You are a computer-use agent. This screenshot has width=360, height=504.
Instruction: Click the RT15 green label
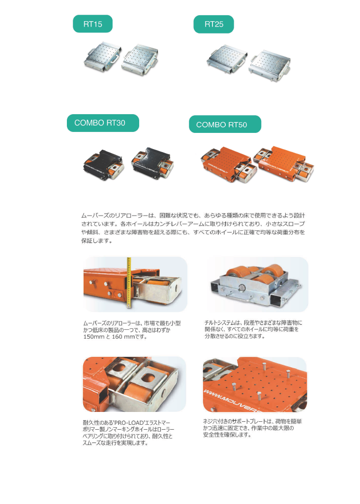click(x=92, y=24)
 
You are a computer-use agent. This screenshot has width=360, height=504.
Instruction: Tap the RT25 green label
click(x=213, y=24)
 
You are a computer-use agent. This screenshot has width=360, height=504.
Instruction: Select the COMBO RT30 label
click(x=103, y=123)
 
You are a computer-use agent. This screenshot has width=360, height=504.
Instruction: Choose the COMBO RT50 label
click(x=225, y=124)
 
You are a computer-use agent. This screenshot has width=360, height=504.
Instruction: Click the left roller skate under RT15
click(x=103, y=57)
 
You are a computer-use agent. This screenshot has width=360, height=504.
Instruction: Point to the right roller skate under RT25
click(x=270, y=65)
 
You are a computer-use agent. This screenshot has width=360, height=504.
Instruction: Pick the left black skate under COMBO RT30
click(x=104, y=164)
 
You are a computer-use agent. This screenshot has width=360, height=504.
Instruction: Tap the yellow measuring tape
click(x=129, y=283)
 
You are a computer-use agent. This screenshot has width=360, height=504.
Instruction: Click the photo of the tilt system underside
click(x=257, y=284)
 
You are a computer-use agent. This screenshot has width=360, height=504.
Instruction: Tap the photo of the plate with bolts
click(x=255, y=384)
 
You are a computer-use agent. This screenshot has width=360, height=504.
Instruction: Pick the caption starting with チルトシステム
click(x=253, y=329)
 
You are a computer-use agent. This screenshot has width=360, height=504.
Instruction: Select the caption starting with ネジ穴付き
click(x=252, y=428)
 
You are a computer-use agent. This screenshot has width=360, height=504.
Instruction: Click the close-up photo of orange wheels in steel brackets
click(x=134, y=384)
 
